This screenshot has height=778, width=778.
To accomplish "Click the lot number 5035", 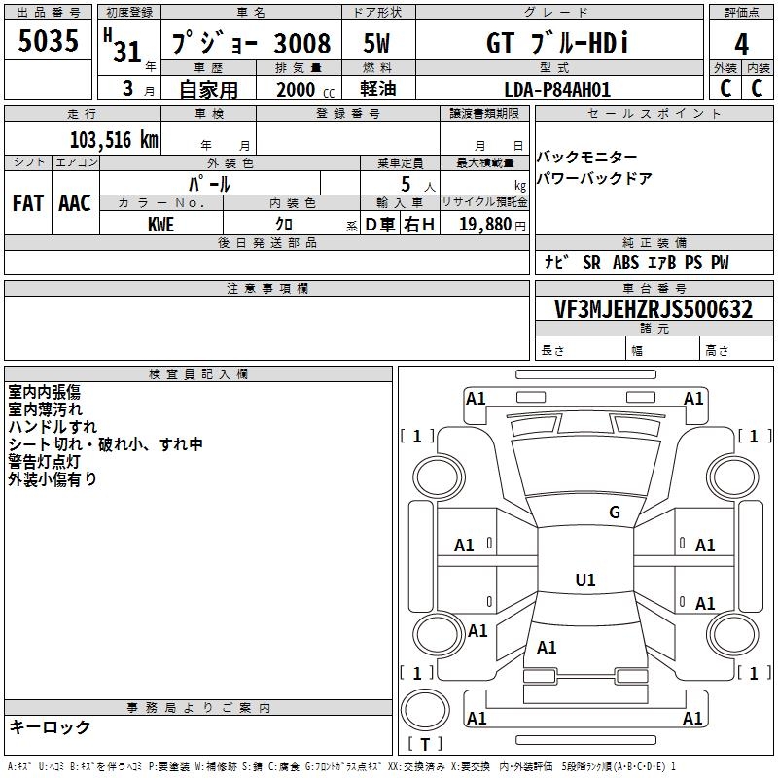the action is point(48,40).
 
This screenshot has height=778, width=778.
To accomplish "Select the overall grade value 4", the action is point(741,44).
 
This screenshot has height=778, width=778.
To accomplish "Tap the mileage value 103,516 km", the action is point(114,140).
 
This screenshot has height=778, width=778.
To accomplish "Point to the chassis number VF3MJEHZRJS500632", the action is point(654,308).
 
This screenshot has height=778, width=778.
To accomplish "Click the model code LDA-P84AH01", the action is point(557,89).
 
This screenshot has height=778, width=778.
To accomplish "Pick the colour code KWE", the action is point(160,225).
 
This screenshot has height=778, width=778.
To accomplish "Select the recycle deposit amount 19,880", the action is point(485,224).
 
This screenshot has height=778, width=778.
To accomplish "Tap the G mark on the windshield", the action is point(615,512).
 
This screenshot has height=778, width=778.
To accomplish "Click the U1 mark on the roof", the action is point(585,580).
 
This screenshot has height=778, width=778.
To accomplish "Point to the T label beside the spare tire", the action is point(425,744).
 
